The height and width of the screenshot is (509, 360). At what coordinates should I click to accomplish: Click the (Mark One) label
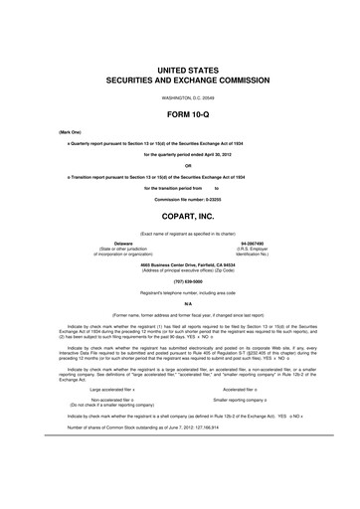pyautogui.click(x=45, y=131)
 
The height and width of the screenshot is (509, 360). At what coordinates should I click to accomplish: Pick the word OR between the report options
pyautogui.click(x=180, y=166)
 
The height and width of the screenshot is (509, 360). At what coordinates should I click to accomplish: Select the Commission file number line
pyautogui.click(x=180, y=197)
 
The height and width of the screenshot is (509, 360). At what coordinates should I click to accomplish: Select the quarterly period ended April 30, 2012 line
pyautogui.click(x=180, y=155)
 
